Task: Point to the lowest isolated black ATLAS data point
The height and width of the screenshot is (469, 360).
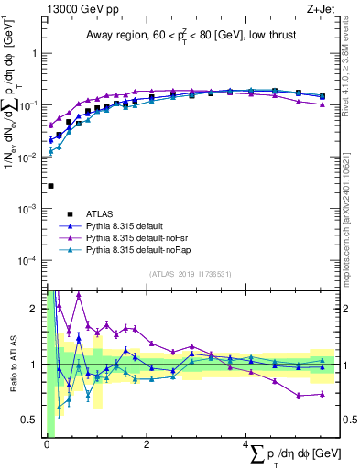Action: click(x=50, y=186)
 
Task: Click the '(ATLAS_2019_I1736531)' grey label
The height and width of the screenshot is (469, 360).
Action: click(x=191, y=273)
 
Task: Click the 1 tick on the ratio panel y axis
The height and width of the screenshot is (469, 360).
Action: click(x=34, y=365)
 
